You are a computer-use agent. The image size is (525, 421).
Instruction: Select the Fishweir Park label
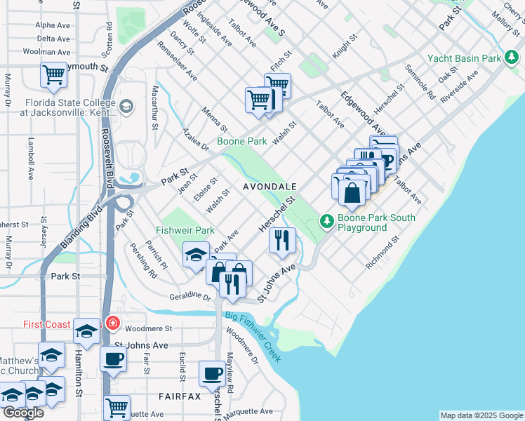185,230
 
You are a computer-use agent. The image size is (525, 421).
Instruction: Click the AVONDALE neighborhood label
270,187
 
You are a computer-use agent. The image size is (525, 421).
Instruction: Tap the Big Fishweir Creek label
253,337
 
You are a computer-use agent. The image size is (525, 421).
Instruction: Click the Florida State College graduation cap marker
126,107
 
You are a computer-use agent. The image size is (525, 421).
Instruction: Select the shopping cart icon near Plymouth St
53,74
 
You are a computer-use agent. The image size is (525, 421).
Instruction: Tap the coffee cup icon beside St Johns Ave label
112,359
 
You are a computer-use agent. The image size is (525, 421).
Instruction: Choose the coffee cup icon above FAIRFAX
212,373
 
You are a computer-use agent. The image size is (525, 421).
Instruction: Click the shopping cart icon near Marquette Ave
117,406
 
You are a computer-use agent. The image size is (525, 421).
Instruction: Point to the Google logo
22,413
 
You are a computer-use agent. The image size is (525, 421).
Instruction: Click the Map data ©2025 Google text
481,415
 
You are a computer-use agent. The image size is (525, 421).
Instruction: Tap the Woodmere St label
148,328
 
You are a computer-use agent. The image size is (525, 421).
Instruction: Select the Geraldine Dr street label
190,297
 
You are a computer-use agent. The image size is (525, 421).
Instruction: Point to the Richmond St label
383,253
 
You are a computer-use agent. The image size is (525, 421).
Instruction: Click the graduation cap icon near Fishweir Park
196,254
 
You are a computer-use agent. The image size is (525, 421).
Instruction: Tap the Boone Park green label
241,141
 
